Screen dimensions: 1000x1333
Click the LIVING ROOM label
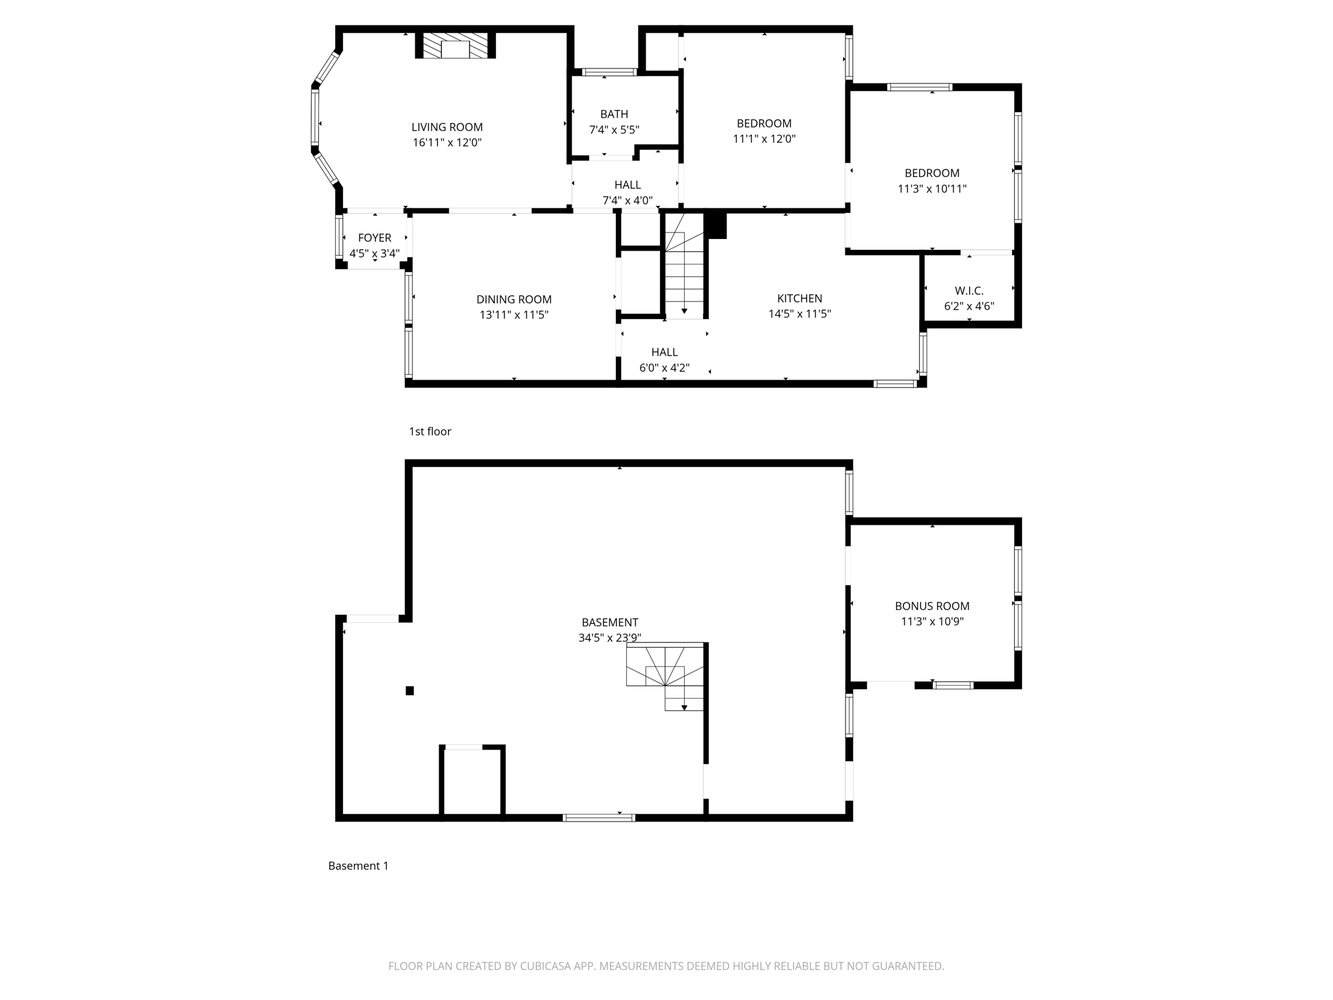click(x=447, y=127)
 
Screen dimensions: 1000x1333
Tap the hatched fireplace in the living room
click(x=455, y=46)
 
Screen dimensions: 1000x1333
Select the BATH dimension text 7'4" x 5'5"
click(x=614, y=130)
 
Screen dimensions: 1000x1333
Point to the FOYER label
click(x=374, y=238)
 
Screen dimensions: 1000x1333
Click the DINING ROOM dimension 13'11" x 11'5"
click(x=514, y=315)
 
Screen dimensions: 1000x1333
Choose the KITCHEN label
click(x=799, y=298)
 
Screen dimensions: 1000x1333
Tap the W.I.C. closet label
click(x=969, y=290)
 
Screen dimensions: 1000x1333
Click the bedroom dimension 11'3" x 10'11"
click(x=931, y=189)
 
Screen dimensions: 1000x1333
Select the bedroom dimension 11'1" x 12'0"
click(x=764, y=139)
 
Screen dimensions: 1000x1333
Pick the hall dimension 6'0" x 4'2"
click(x=664, y=368)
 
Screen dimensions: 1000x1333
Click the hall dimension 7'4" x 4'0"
click(x=627, y=201)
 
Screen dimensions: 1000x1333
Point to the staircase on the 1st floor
click(x=684, y=273)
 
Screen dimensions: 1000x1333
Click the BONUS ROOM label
click(x=931, y=605)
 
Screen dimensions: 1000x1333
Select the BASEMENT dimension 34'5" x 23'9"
click(x=609, y=638)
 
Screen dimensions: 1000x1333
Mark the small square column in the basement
click(x=409, y=691)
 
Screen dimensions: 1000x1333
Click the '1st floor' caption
click(x=430, y=431)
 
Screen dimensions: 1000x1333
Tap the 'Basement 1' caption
click(x=358, y=865)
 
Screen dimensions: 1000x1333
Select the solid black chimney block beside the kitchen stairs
click(x=716, y=225)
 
